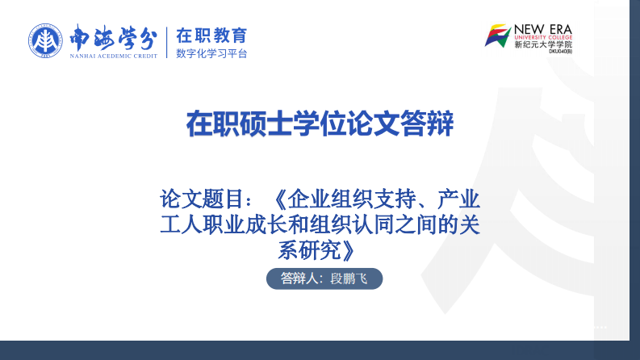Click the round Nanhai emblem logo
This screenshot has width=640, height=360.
[x=45, y=41]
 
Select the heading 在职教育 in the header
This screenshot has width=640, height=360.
[x=211, y=36]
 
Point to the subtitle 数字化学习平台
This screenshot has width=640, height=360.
[x=211, y=54]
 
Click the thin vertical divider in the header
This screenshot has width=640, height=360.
[x=168, y=43]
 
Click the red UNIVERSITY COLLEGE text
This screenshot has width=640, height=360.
[x=543, y=37]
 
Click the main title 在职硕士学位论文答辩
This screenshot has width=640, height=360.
[x=320, y=125]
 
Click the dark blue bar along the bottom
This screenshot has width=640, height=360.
[x=320, y=350]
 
